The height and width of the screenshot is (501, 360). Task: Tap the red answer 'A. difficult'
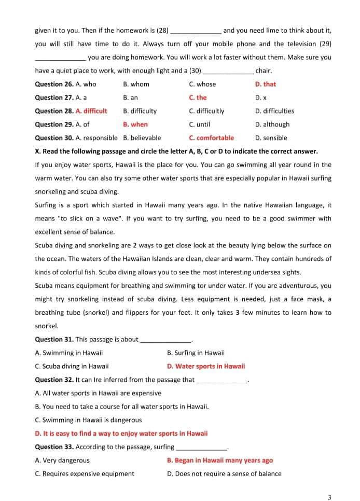[91, 111]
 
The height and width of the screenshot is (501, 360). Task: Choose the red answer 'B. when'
[135, 124]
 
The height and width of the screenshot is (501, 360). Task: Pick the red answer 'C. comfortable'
[211, 138]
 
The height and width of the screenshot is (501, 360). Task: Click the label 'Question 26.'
[54, 84]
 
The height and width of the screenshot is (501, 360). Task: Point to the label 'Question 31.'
[54, 340]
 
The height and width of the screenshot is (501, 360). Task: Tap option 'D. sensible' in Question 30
[271, 138]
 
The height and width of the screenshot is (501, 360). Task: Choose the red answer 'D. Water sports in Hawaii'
[206, 366]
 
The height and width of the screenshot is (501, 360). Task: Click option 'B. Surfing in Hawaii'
[196, 353]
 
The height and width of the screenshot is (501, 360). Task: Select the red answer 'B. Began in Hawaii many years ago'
[219, 461]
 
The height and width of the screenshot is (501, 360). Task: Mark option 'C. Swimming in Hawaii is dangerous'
[88, 420]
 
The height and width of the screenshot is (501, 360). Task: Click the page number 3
[329, 497]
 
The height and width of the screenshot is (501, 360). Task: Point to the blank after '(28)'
[196, 31]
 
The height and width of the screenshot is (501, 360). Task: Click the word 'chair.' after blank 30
[264, 71]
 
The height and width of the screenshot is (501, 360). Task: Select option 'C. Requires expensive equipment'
[84, 474]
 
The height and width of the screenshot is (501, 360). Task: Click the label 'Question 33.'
[54, 447]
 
